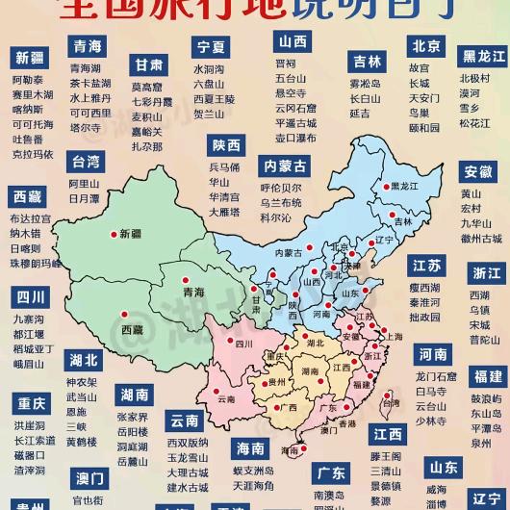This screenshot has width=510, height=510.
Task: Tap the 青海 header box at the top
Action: pos(88,46)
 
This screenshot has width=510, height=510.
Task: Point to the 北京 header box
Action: pos(425,46)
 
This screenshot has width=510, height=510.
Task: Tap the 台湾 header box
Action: pos(86,161)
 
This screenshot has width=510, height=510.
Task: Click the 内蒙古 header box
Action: pos(286,166)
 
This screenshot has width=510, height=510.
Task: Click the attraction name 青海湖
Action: pos(87,68)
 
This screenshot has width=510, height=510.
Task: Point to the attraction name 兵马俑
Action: pos(224,167)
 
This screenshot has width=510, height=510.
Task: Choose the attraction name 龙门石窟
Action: pos(438,378)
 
